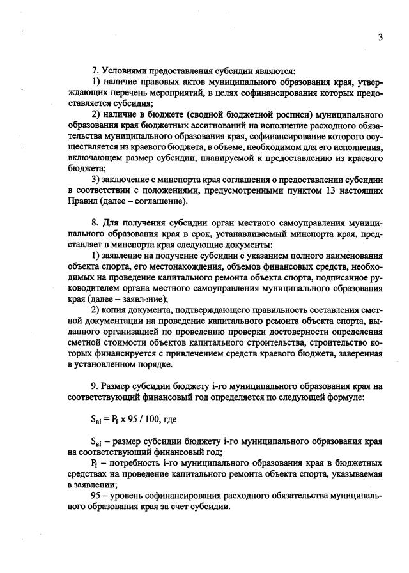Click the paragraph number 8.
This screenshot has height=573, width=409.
click(x=95, y=223)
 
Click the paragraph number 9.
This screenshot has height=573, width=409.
click(x=95, y=386)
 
